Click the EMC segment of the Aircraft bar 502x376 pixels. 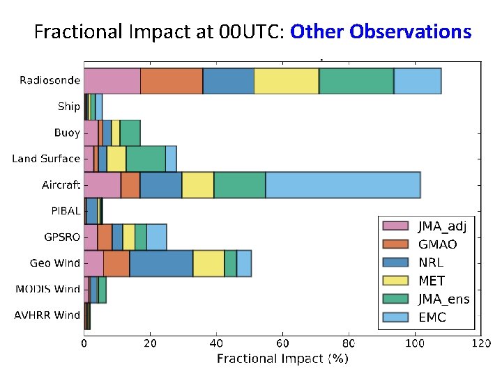point(343,185)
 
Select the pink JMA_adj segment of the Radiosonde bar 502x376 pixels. point(112,81)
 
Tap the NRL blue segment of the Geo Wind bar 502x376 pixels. point(161,263)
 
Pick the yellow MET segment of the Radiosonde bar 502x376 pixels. point(287,81)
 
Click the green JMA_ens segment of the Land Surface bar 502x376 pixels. point(146,159)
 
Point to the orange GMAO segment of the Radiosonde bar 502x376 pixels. point(172,81)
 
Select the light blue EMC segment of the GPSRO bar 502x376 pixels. point(156,237)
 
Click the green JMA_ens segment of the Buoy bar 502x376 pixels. point(130,132)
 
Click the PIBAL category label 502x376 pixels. point(65,211)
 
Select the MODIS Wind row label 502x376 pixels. point(47,289)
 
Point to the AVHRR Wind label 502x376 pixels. point(47,315)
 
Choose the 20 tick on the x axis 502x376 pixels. point(151,343)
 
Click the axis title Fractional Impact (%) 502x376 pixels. point(282,359)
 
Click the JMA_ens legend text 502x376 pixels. point(443,299)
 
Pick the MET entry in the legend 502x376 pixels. point(432,281)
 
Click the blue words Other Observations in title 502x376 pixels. point(381,32)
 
